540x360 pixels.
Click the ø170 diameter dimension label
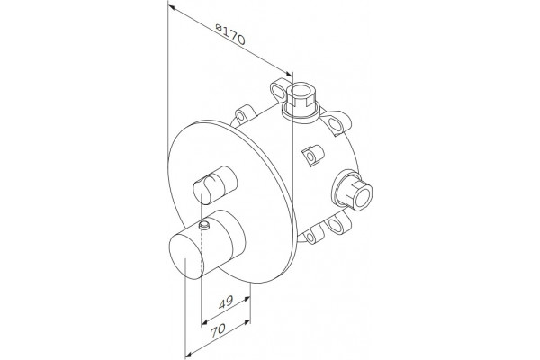coord(230,34)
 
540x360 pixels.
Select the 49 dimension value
coord(226,302)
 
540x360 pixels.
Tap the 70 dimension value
coord(218,330)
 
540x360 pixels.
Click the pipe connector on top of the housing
coord(301,102)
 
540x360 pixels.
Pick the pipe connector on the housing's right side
coord(352,190)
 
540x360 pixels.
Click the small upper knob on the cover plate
coord(215,184)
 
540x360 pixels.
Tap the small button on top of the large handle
coord(204,226)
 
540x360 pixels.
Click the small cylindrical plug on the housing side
coord(312,155)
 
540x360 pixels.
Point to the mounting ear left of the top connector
coord(280,91)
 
